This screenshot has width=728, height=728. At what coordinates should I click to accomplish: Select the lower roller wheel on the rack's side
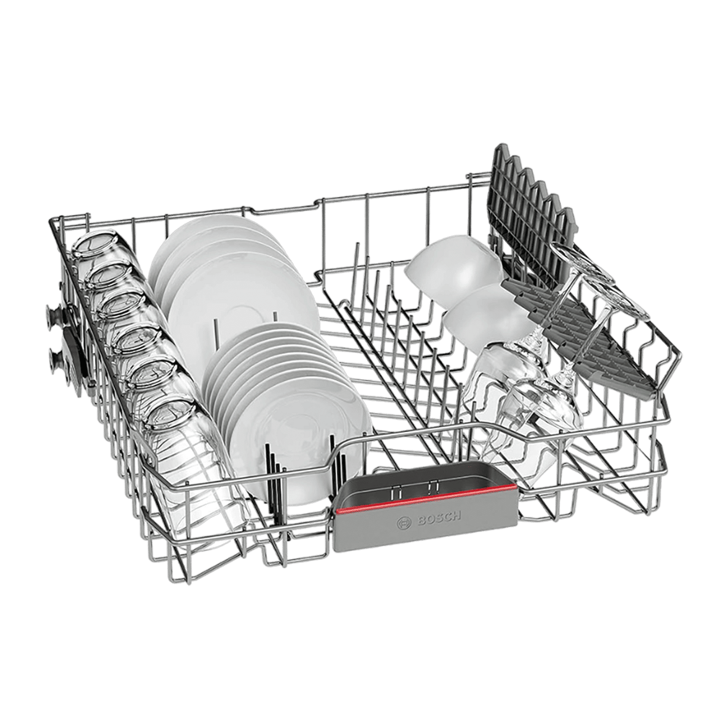tap(55, 357)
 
